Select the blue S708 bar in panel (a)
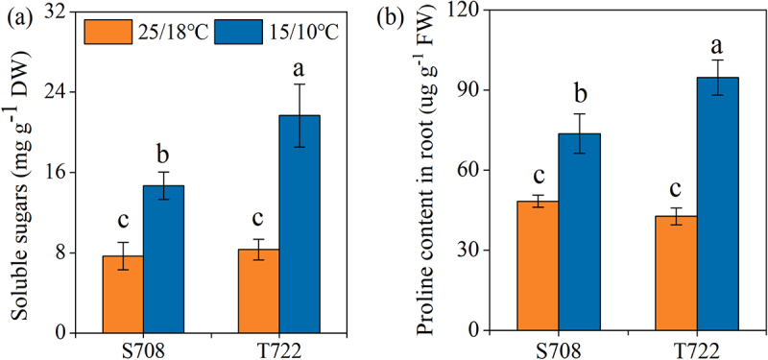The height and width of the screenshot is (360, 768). [163, 259]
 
